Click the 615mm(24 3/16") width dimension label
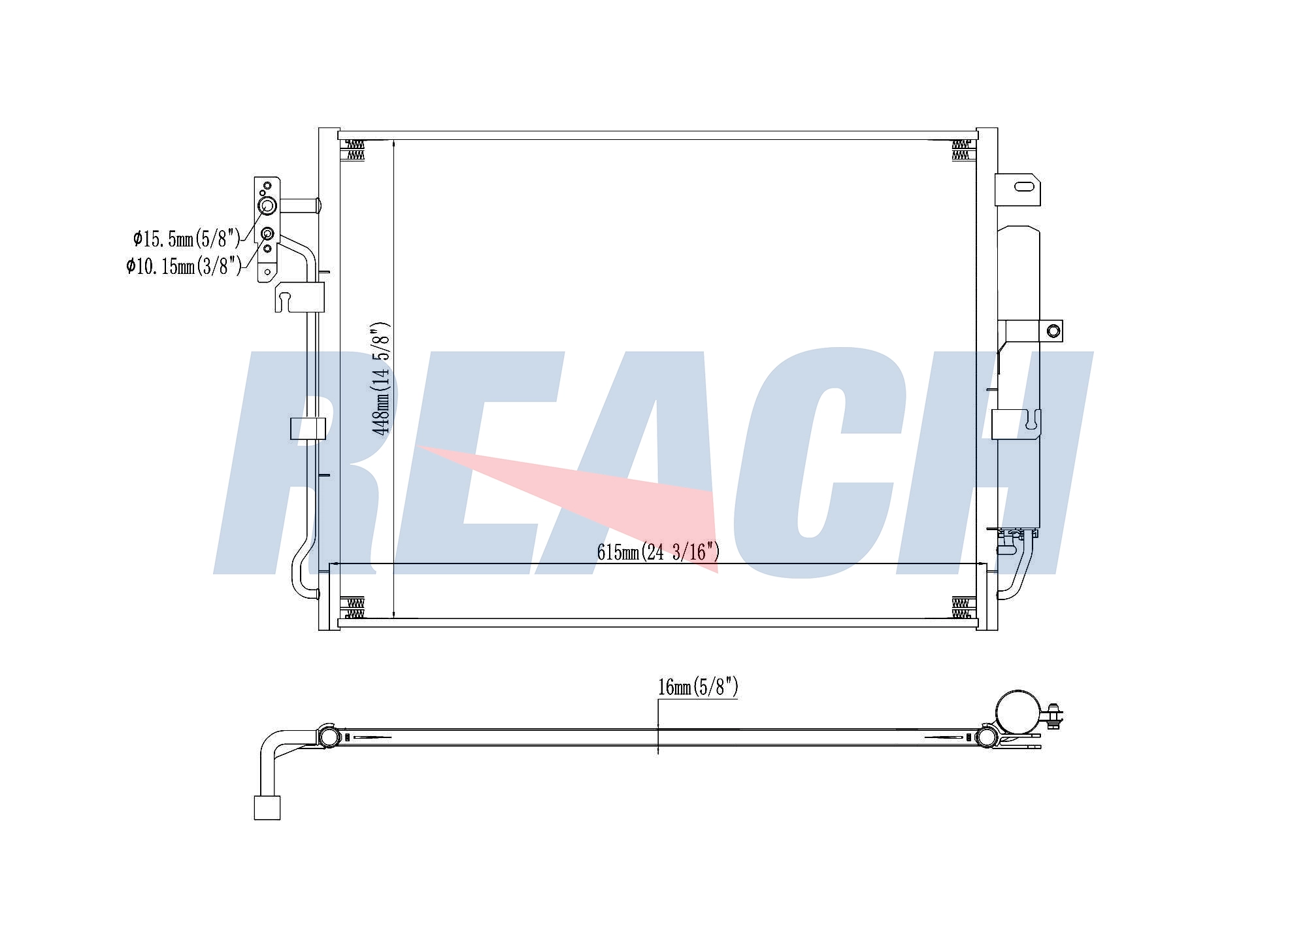pos(657,552)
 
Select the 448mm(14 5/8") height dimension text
pos(380,378)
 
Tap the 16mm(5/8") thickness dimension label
pos(698,687)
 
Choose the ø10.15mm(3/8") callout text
pos(184,266)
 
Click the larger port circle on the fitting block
pos(268,207)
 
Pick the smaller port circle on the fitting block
pos(267,234)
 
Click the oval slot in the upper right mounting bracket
pos(1024,186)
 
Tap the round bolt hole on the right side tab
pos(1053,330)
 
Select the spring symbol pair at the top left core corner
pos(354,149)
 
